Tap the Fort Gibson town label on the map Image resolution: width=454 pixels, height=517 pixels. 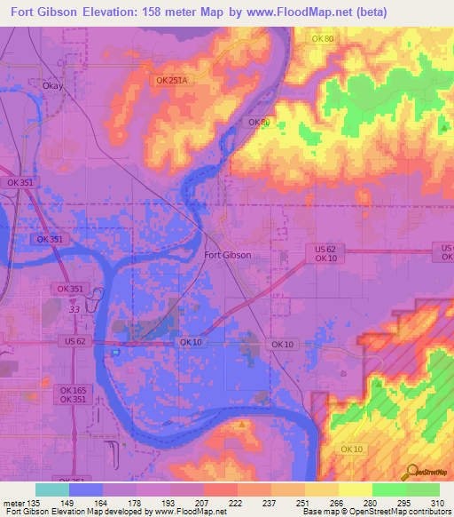tap(228, 255)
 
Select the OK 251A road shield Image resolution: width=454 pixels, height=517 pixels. tap(172, 80)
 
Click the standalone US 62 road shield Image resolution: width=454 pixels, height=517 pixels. tap(75, 341)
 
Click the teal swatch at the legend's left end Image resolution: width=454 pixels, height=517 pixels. tap(51, 489)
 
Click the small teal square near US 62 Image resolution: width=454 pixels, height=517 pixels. tap(116, 351)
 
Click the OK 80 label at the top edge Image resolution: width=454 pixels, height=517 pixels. tap(323, 38)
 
